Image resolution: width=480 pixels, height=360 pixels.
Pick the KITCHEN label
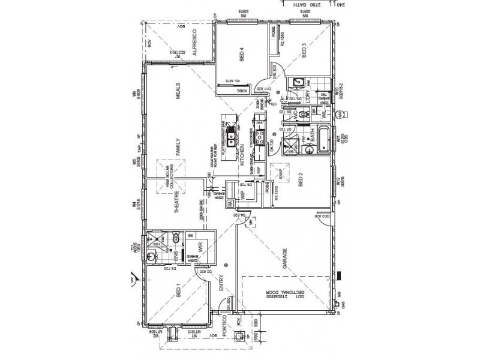(x=242, y=155)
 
